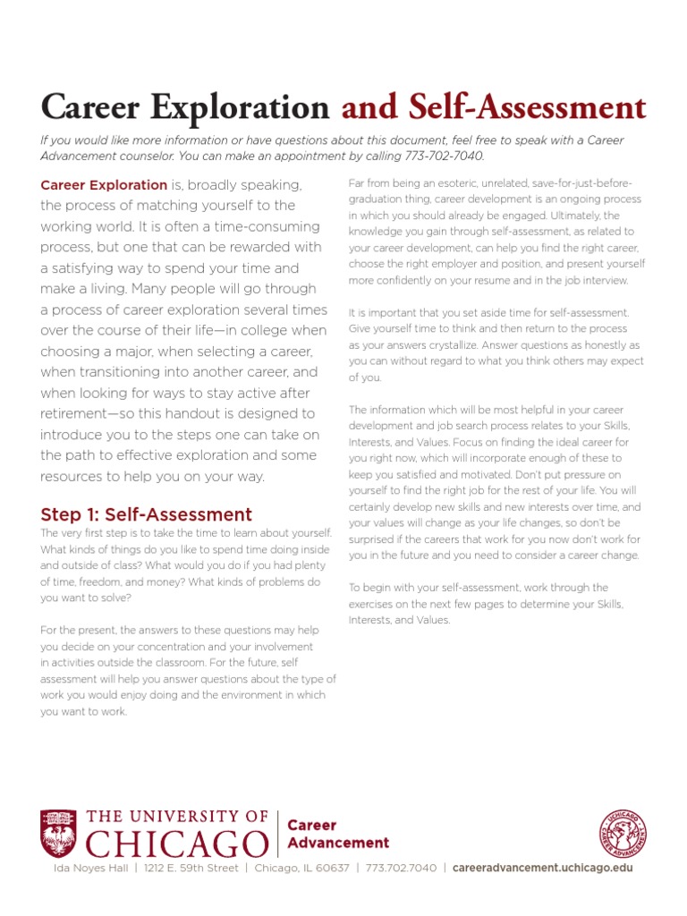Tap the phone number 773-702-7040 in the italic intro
[444, 156]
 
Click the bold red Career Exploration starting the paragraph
[104, 185]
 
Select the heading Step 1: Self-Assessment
[147, 514]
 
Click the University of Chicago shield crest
[58, 833]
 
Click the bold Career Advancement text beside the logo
[338, 834]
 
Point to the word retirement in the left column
[78, 413]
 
